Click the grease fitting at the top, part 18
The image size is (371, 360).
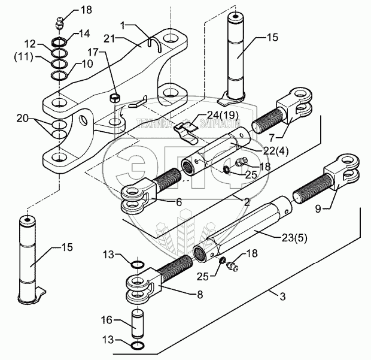(58, 26)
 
